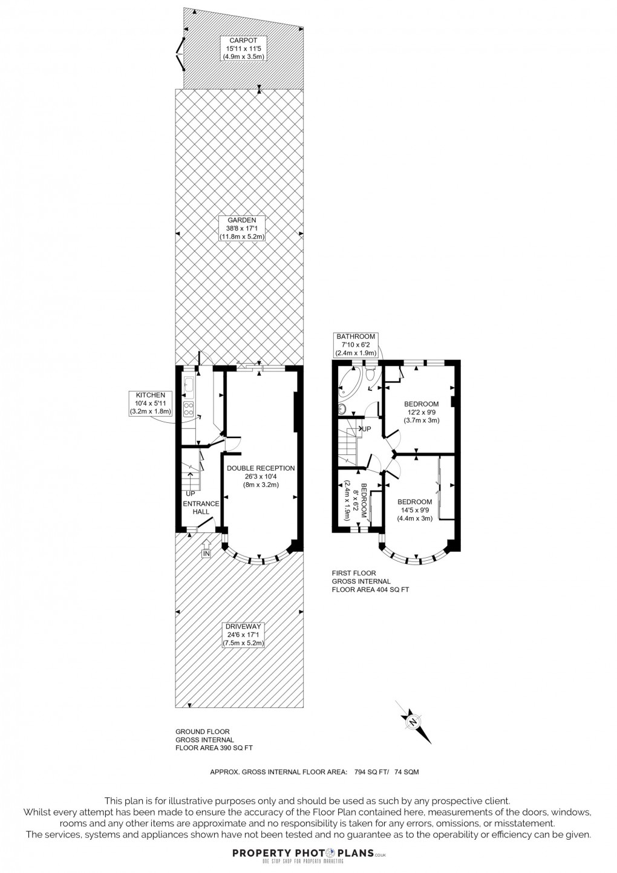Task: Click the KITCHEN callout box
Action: click(151, 404)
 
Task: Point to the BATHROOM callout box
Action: click(356, 345)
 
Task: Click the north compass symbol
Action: click(414, 722)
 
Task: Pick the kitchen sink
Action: click(189, 384)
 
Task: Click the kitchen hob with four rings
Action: click(189, 410)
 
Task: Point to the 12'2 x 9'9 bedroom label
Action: click(422, 412)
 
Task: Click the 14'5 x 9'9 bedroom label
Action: click(414, 510)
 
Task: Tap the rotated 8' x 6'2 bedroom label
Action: click(356, 500)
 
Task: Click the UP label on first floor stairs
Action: click(366, 429)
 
